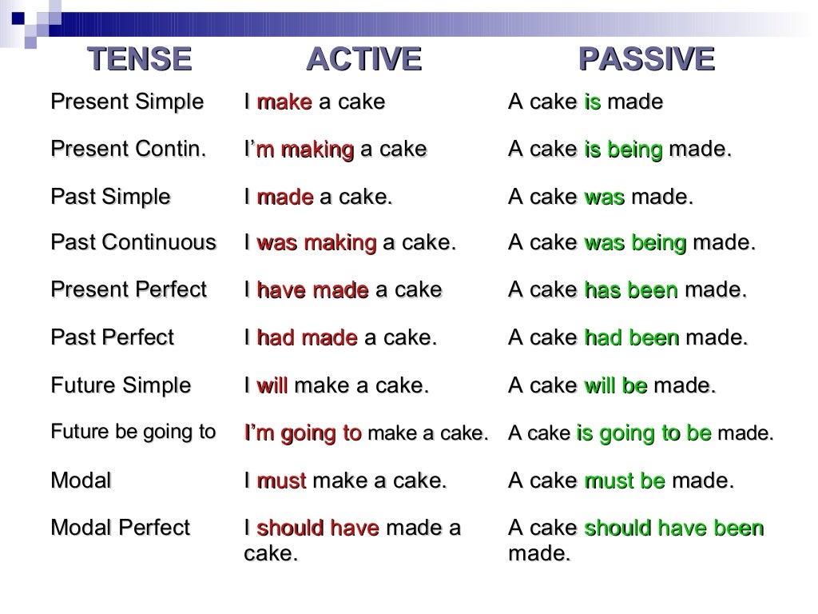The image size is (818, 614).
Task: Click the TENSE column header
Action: click(139, 59)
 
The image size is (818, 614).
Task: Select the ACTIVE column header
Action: click(363, 59)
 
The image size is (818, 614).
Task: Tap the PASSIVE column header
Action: click(645, 59)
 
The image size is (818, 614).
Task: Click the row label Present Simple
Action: click(127, 102)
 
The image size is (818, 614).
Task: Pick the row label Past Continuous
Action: click(133, 243)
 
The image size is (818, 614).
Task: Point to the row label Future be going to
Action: click(133, 433)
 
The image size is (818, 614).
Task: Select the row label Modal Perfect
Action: click(121, 528)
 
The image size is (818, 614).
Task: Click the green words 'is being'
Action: click(623, 150)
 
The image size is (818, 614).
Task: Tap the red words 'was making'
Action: click(316, 243)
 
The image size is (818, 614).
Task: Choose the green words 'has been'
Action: click(630, 290)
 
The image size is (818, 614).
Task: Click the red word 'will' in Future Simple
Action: click(272, 386)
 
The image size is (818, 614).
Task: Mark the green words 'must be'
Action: click(625, 481)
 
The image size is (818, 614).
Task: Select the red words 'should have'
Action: click(317, 528)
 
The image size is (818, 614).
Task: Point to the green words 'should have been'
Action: click(674, 528)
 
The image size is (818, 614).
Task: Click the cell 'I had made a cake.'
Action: click(340, 338)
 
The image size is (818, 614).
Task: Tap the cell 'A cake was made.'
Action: click(601, 197)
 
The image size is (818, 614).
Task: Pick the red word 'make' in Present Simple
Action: click(284, 102)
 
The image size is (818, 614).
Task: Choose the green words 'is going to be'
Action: click(643, 433)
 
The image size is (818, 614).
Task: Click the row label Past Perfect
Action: click(112, 338)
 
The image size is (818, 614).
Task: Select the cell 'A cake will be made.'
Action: click(612, 386)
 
